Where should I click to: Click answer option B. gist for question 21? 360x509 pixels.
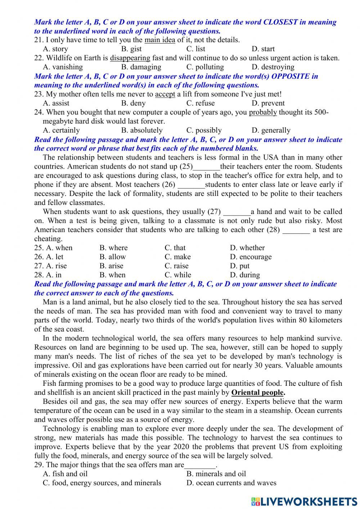click(x=131, y=49)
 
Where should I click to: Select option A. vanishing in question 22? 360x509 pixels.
click(x=63, y=67)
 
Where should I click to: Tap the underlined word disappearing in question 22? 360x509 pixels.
click(x=130, y=58)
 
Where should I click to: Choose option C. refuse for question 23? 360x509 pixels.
click(x=201, y=103)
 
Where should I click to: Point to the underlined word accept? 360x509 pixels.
click(x=165, y=94)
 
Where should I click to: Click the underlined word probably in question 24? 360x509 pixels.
click(x=263, y=112)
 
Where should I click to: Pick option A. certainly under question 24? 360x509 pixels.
click(x=61, y=130)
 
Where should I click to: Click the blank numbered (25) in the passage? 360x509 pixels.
click(x=206, y=167)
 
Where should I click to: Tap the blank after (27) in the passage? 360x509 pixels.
click(x=237, y=212)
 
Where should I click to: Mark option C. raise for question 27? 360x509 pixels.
click(x=176, y=266)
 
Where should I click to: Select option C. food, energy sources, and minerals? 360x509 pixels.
click(x=102, y=483)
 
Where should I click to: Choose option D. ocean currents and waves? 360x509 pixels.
click(x=231, y=483)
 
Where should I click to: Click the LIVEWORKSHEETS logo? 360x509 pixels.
click(x=304, y=501)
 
